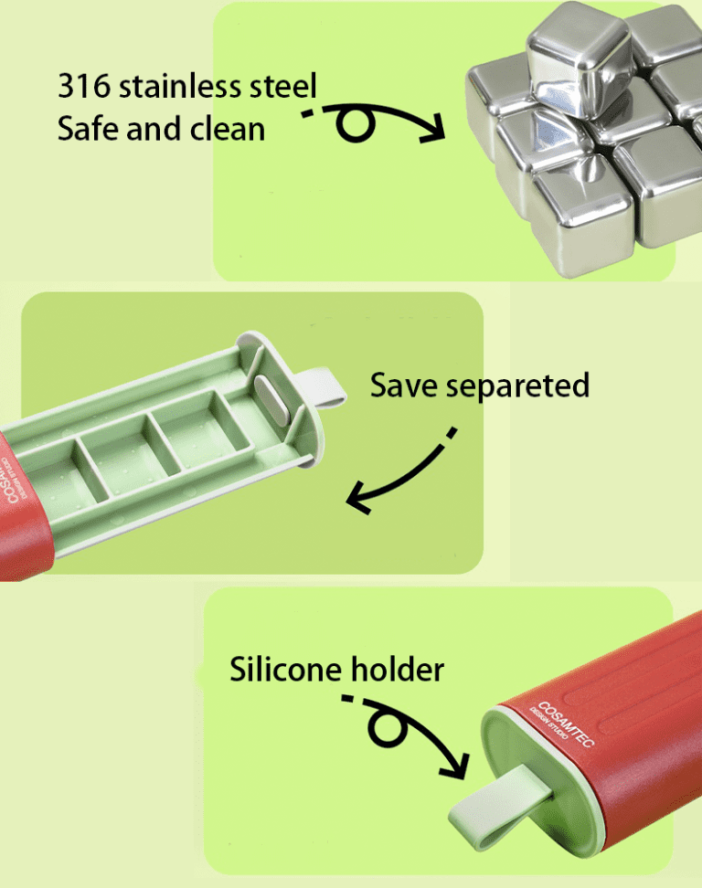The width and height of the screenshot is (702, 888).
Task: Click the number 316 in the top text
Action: (84, 86)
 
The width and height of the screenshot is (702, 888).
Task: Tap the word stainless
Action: (179, 86)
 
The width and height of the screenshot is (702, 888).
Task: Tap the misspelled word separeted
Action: (518, 387)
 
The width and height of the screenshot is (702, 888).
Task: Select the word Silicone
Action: (286, 669)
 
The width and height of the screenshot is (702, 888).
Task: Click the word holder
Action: (398, 669)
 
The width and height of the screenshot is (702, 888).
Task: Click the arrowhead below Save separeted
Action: (358, 498)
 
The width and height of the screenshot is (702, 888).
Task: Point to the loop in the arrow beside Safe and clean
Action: (356, 124)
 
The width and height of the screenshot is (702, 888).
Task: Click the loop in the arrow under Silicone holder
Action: (388, 727)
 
